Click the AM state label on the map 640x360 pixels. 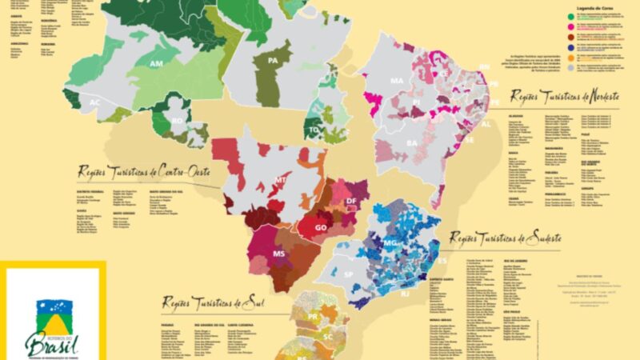[157, 63]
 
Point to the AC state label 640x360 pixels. [95, 102]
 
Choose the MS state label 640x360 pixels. [279, 254]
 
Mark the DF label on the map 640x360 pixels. [350, 201]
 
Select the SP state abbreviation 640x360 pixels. [348, 274]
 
